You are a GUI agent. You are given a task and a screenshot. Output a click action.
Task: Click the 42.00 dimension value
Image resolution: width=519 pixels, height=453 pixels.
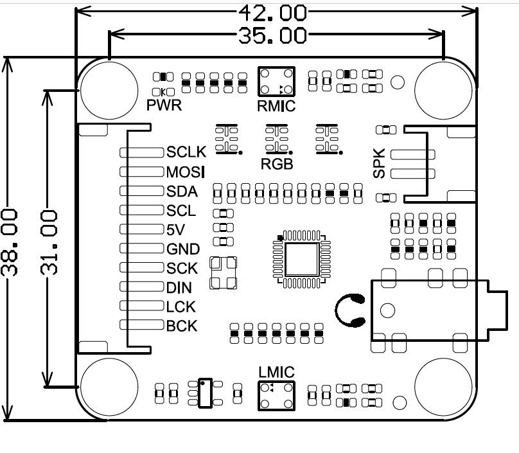(273, 12)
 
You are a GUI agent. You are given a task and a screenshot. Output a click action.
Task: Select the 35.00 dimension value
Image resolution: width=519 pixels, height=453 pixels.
(272, 35)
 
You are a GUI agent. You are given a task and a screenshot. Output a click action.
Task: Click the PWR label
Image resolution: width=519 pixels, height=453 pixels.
(164, 105)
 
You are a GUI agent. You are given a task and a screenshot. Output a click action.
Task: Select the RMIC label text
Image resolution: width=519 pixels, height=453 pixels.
(276, 105)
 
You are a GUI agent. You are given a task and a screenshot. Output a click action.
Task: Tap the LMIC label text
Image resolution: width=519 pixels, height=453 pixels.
(276, 372)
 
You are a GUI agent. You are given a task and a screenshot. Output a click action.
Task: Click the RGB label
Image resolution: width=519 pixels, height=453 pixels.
(277, 164)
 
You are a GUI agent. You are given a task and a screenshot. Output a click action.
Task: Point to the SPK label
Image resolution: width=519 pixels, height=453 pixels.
(380, 163)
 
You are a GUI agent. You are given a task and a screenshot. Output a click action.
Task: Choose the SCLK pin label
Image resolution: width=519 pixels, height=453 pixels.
(186, 152)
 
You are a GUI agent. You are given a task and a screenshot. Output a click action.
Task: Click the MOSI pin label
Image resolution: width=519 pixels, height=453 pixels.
(186, 172)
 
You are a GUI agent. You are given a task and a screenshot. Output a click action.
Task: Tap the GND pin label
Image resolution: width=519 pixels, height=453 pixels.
(183, 249)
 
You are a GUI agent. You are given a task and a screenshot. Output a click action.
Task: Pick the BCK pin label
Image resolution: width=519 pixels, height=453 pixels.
(182, 326)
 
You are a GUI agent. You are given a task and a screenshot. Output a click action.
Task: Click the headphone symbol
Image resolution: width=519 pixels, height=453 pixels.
(350, 309)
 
